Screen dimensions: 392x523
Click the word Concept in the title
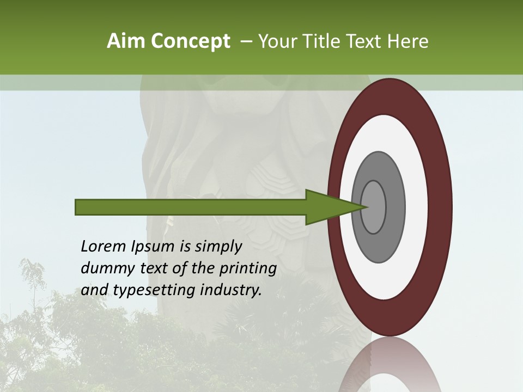pos(190,42)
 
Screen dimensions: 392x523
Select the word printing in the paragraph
pos(248,268)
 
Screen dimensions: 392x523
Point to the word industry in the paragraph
pos(229,290)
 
